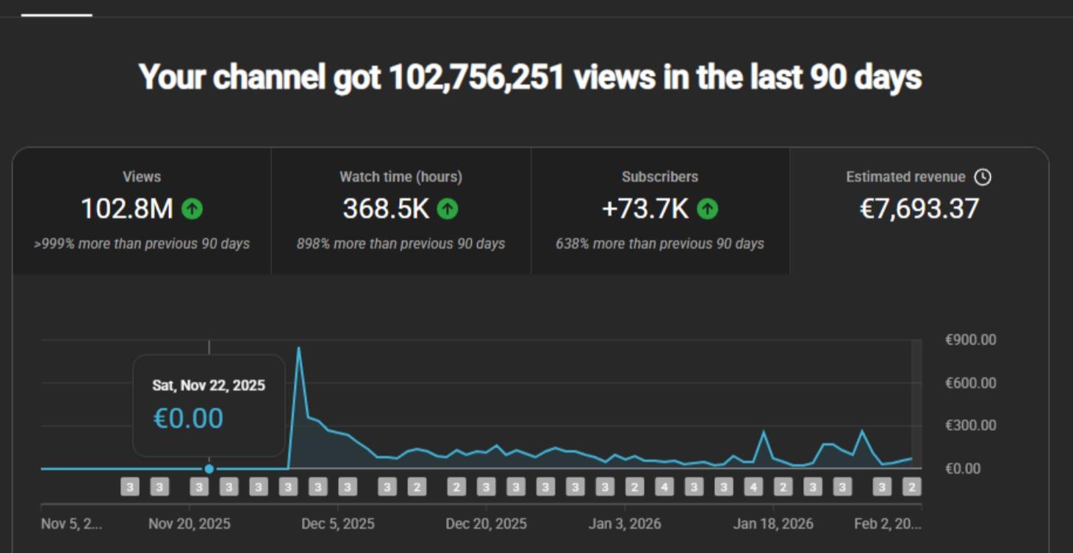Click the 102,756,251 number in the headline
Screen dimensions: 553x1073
click(476, 77)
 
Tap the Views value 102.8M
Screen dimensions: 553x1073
click(126, 209)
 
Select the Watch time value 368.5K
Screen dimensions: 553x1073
click(386, 209)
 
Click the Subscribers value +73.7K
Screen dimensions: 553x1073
click(645, 209)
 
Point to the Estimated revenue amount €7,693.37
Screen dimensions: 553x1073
click(919, 209)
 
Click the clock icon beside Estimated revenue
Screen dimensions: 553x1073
click(983, 177)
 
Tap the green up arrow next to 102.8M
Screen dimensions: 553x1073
click(192, 209)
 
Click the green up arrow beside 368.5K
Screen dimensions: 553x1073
click(448, 209)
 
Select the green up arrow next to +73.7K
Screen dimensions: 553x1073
click(707, 209)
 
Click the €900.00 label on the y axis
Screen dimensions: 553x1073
click(970, 340)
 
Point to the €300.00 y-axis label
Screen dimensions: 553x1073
click(970, 425)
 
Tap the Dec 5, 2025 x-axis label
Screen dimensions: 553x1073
click(338, 524)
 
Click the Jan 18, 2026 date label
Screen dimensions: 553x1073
click(773, 524)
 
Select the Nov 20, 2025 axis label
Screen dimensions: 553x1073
click(189, 524)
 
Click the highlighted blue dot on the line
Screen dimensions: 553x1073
click(209, 468)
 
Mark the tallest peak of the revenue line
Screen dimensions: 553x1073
click(298, 349)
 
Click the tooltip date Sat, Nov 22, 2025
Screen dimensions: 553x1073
click(209, 385)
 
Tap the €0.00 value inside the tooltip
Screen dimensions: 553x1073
click(188, 418)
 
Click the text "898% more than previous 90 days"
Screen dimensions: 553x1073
click(401, 243)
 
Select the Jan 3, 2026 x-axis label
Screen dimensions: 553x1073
click(625, 524)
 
